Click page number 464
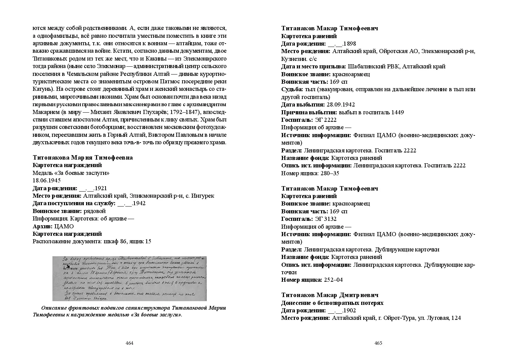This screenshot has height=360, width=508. point(129,343)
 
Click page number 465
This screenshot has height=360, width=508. point(378,343)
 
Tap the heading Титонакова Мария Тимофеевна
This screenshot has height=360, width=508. point(83,158)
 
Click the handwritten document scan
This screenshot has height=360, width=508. point(129,278)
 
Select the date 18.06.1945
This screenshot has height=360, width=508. point(47,180)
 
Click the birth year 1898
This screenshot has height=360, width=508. point(350,44)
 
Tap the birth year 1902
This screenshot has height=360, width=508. point(350,310)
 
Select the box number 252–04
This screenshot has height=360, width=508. point(333,280)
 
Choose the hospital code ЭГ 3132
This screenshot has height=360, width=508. point(326,219)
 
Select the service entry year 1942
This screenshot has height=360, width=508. point(139,203)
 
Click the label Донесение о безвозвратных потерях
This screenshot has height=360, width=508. point(332,303)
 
